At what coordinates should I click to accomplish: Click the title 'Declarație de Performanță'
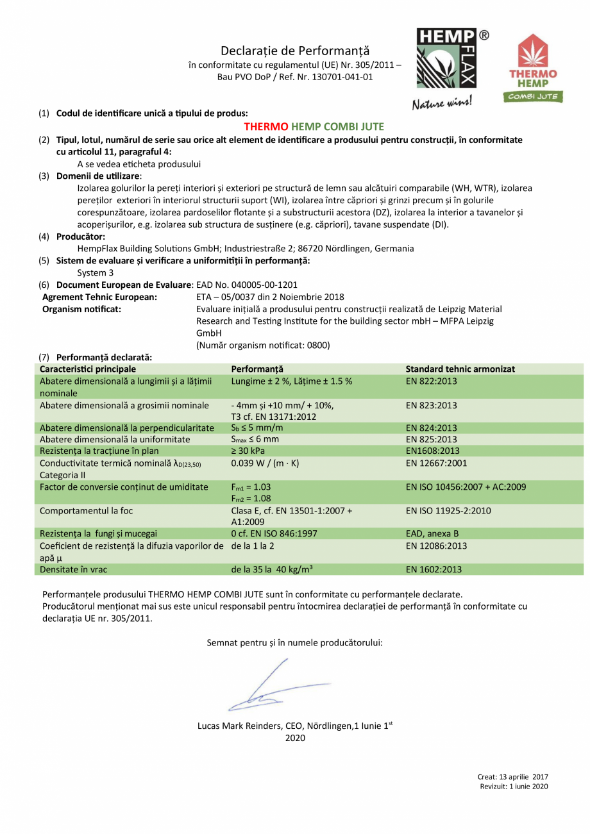pyautogui.click(x=294, y=51)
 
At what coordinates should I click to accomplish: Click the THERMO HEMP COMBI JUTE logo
pyautogui.click(x=533, y=68)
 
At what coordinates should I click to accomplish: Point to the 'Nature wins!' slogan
pyautogui.click(x=442, y=101)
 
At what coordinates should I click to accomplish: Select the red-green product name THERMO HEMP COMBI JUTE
pyautogui.click(x=314, y=127)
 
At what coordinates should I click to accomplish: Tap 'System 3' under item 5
pyautogui.click(x=96, y=272)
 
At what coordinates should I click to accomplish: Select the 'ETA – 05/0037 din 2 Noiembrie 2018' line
pyautogui.click(x=270, y=297)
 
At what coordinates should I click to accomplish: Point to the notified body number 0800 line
pyautogui.click(x=263, y=345)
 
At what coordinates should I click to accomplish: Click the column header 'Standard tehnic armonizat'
pyautogui.click(x=460, y=369)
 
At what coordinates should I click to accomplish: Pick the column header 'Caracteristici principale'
pyautogui.click(x=88, y=369)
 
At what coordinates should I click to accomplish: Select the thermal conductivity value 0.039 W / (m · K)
pyautogui.click(x=265, y=463)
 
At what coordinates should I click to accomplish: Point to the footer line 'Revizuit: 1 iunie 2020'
pyautogui.click(x=514, y=787)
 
